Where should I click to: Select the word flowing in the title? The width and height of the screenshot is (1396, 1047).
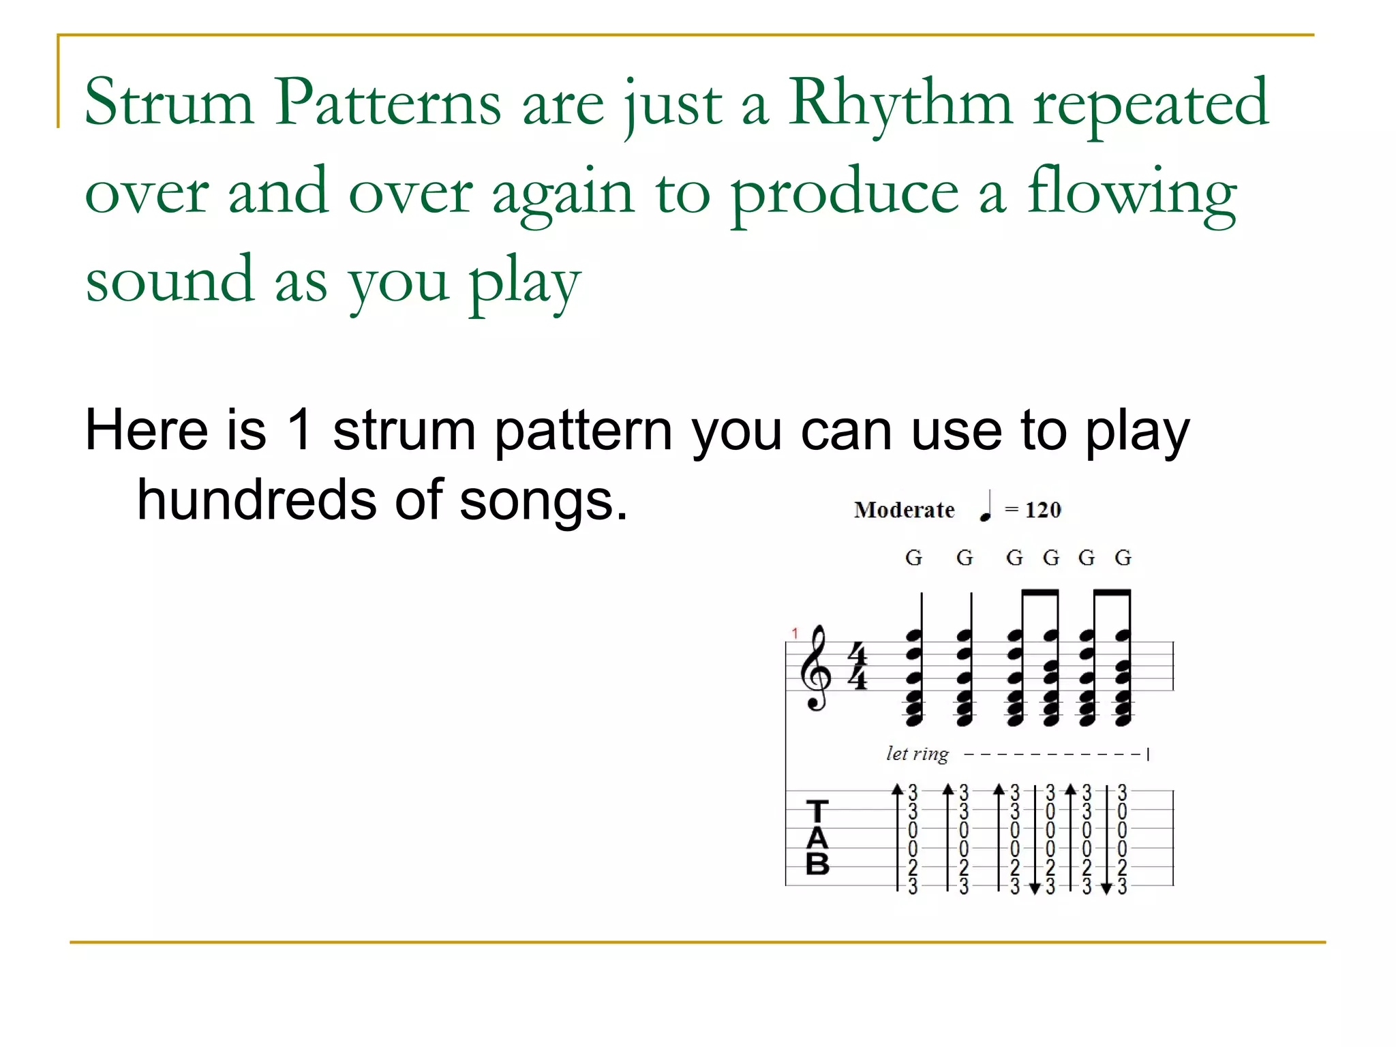[1132, 194]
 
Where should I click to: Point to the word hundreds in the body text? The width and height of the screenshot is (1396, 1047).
[256, 500]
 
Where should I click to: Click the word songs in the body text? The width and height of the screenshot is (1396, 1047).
[543, 500]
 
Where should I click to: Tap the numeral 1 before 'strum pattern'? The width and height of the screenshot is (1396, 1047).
[300, 430]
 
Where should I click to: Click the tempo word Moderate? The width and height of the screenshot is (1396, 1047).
[904, 510]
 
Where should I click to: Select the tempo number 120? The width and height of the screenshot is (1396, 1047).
[1043, 510]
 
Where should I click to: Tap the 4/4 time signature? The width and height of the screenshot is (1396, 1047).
[857, 666]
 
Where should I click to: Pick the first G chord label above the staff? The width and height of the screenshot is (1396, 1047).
[913, 558]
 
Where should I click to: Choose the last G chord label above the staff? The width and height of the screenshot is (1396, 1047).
[1123, 558]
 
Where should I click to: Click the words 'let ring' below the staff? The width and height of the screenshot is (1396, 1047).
[917, 754]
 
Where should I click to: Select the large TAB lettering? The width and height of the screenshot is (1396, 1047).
[817, 838]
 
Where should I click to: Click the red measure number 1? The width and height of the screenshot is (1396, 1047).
[795, 633]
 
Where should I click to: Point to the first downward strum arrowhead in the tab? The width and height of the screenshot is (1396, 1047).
[1035, 888]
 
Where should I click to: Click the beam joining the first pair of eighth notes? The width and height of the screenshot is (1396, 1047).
[1040, 592]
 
